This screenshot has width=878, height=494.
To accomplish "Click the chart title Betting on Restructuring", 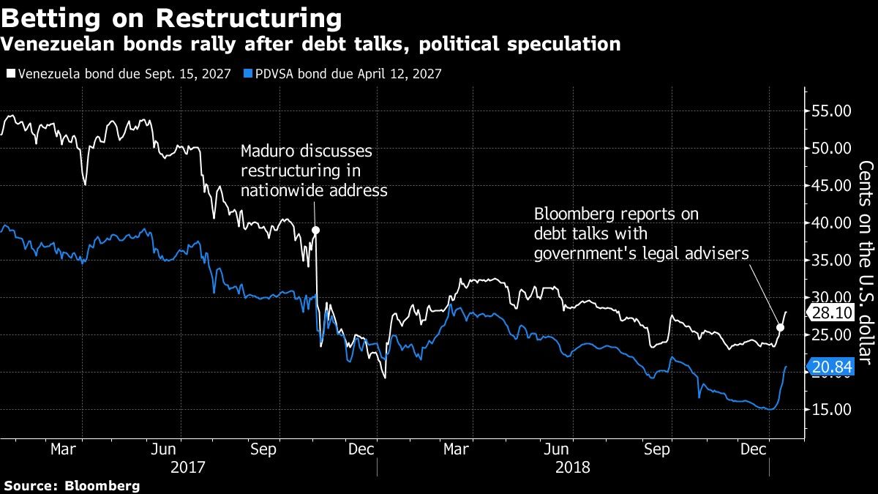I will point(171,17).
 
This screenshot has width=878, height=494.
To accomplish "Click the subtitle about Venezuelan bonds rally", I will point(310,45).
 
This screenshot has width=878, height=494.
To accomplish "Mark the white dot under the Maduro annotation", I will point(315,230).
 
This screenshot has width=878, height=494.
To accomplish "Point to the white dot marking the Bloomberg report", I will point(780,327).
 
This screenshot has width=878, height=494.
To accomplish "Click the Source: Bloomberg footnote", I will point(71,485).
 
